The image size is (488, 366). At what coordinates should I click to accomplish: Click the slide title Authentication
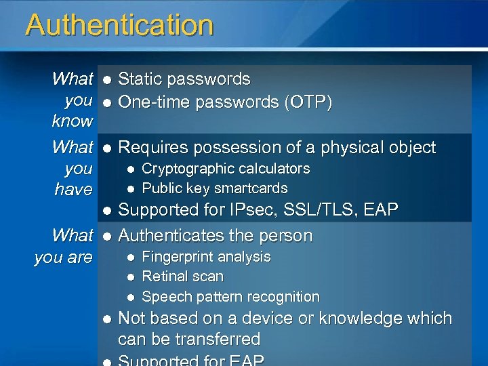click(119, 26)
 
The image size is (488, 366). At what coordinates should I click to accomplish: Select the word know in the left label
click(73, 122)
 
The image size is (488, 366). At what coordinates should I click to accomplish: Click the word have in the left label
click(73, 190)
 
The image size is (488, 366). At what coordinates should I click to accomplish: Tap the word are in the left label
click(80, 258)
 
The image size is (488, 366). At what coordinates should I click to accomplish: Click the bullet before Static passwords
click(106, 80)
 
